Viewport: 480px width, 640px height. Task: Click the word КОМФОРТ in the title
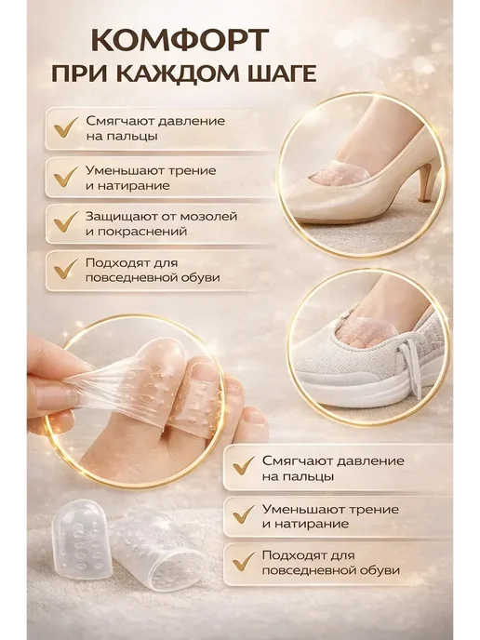coord(180,40)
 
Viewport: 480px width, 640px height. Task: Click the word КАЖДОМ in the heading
coord(173,73)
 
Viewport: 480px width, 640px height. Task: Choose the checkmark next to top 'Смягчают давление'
coord(65,127)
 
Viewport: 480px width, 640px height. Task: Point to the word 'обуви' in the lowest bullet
coord(375,570)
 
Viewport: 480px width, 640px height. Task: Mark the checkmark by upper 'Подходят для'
coord(65,269)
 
